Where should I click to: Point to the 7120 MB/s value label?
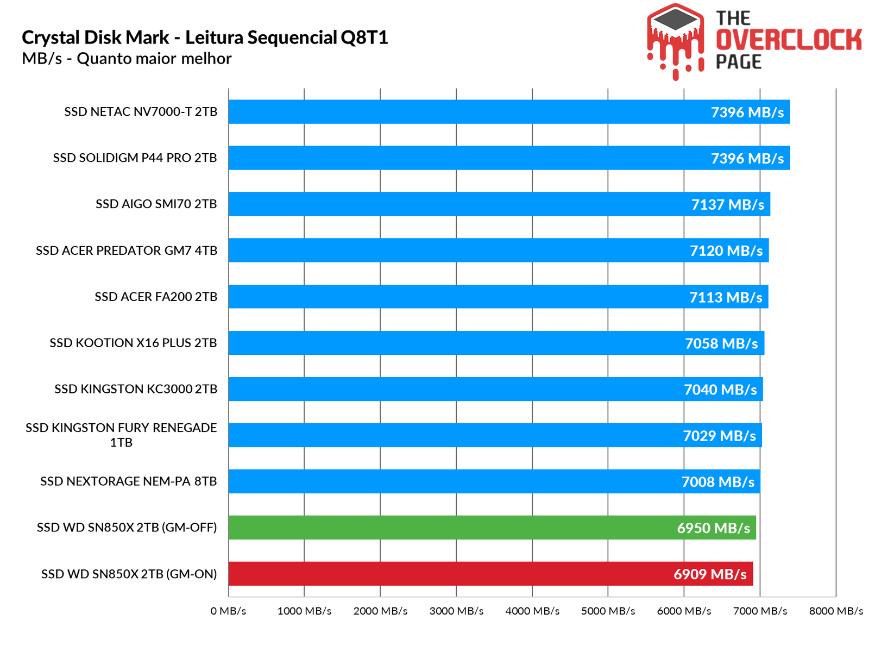[726, 251]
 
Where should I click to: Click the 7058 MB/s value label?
[721, 343]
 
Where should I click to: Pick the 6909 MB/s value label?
[710, 574]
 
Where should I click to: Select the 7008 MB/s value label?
[718, 482]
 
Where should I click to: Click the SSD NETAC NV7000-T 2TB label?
[141, 112]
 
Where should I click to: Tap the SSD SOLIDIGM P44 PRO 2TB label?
[135, 158]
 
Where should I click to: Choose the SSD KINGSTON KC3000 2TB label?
[136, 389]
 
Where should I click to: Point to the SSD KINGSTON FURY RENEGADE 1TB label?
[121, 435]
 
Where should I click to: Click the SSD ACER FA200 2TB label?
[156, 297]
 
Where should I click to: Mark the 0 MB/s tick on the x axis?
[228, 611]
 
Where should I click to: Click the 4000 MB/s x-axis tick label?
[532, 611]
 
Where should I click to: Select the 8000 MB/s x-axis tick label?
[836, 611]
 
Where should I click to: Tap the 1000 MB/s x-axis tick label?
[304, 611]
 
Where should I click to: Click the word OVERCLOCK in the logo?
[789, 40]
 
